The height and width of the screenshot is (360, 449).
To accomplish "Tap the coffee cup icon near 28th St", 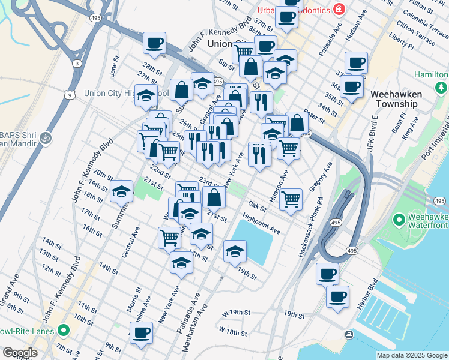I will click(x=155, y=43).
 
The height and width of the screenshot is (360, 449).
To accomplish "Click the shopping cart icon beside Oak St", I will click(x=291, y=199).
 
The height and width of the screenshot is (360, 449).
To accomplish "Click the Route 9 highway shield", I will click(x=71, y=95).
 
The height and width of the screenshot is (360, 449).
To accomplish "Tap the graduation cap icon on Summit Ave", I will click(x=122, y=191).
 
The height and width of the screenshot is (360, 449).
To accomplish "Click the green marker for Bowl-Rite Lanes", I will click(x=63, y=331).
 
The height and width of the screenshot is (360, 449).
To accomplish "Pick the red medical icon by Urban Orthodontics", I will click(x=339, y=10).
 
